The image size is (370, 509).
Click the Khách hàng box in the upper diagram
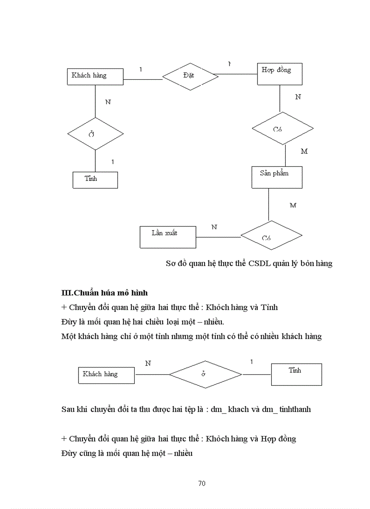pyautogui.click(x=95, y=76)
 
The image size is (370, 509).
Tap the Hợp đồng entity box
pyautogui.click(x=280, y=74)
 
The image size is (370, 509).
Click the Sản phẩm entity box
pyautogui.click(x=277, y=177)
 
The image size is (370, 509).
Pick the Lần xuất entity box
pyautogui.click(x=168, y=237)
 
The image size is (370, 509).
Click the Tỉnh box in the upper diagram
pyautogui.click(x=95, y=179)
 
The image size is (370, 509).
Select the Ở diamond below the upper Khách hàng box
pyautogui.click(x=95, y=134)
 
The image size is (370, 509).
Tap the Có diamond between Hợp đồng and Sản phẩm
pyautogui.click(x=282, y=129)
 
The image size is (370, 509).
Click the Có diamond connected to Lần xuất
pyautogui.click(x=271, y=236)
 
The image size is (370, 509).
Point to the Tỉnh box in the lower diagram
pyautogui.click(x=296, y=374)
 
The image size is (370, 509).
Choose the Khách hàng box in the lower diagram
pyautogui.click(x=106, y=374)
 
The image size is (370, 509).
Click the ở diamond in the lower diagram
pyautogui.click(x=205, y=374)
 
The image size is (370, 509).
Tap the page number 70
pyautogui.click(x=202, y=483)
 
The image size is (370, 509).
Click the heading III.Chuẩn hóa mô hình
pyautogui.click(x=104, y=293)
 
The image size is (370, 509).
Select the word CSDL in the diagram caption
pyautogui.click(x=259, y=264)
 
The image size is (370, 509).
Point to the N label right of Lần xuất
pyautogui.click(x=214, y=227)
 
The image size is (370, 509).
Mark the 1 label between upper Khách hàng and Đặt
pyautogui.click(x=141, y=69)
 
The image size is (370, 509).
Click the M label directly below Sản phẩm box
pyautogui.click(x=293, y=205)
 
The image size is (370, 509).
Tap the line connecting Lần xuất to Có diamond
pyautogui.click(x=218, y=237)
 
